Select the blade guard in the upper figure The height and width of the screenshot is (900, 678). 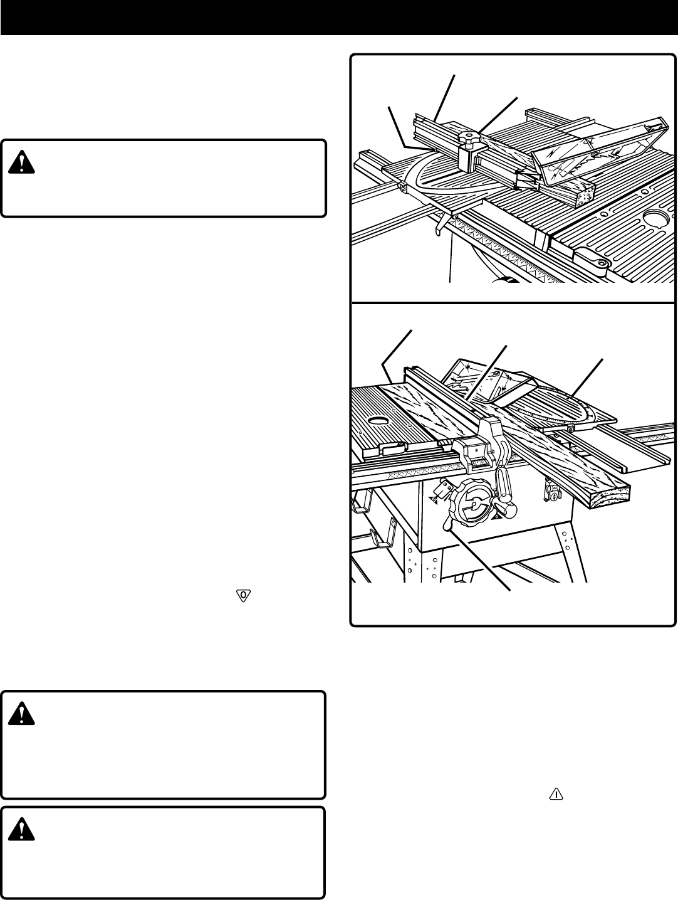[x=595, y=147]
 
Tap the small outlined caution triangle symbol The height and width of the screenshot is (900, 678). [x=556, y=794]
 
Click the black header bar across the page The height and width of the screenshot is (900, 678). [x=339, y=17]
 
